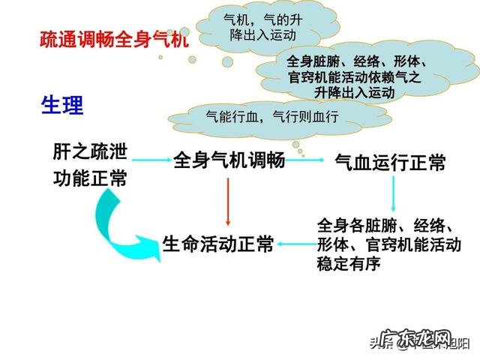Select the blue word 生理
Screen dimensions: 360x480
click(61, 105)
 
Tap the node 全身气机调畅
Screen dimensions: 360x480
click(229, 160)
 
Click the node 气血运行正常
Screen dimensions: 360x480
click(390, 163)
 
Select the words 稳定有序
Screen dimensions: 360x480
click(349, 263)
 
